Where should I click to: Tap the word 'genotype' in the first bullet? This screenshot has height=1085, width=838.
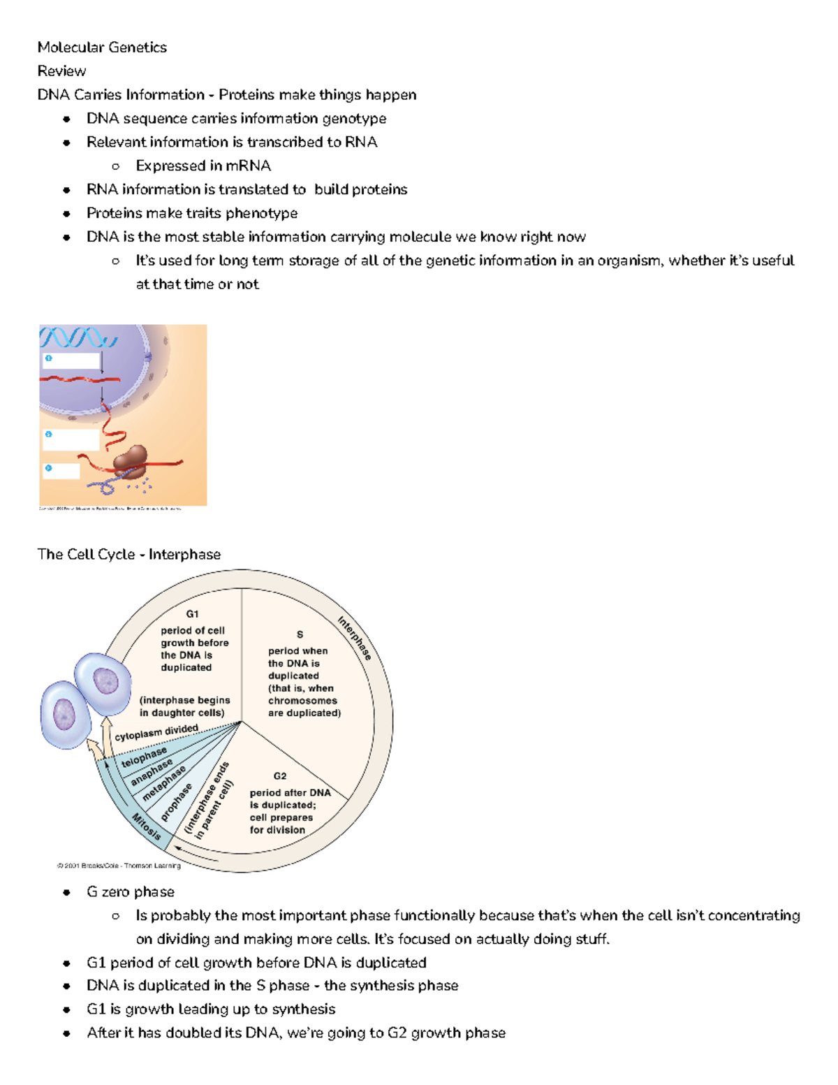(354, 119)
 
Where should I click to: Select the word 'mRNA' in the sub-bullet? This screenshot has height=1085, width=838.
(248, 166)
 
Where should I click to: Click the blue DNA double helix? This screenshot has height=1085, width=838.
(78, 337)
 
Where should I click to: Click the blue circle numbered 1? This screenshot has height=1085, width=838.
(48, 358)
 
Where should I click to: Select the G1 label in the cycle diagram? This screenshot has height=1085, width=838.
(192, 614)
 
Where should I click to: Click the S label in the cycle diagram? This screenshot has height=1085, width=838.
(300, 634)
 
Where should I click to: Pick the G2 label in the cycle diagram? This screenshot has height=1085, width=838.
(279, 776)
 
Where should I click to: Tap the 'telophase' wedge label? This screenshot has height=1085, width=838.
(145, 757)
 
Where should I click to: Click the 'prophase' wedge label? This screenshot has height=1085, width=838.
(176, 802)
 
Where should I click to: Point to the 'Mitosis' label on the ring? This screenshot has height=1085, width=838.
(147, 827)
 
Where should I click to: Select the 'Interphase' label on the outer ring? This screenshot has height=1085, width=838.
(354, 638)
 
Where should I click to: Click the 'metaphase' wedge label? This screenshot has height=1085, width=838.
(164, 784)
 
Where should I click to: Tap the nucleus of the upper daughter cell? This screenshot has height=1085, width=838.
(106, 680)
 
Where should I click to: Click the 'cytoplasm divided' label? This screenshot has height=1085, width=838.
(156, 732)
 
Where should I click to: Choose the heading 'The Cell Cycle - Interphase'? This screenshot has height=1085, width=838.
(129, 555)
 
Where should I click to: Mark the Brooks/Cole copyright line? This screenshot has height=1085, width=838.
(119, 866)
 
